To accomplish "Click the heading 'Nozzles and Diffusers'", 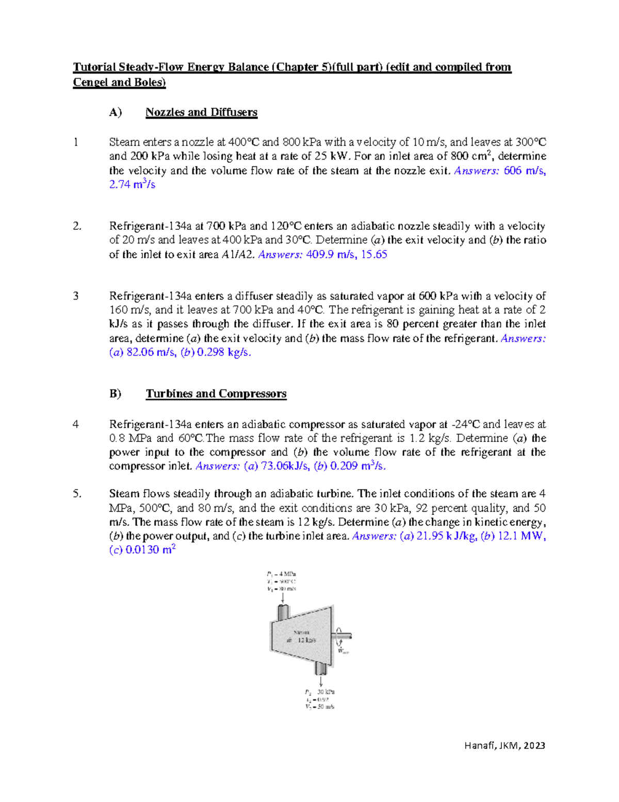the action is [x=201, y=112].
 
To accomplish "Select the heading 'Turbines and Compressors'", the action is [x=216, y=394].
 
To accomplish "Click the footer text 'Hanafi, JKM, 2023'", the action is [x=504, y=745].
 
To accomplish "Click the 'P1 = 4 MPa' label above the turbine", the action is [x=282, y=574].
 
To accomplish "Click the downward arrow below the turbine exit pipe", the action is [x=321, y=681].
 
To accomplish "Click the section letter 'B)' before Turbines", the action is [x=115, y=394].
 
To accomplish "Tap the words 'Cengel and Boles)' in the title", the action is [x=119, y=82].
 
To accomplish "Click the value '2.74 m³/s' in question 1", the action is [x=132, y=184].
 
